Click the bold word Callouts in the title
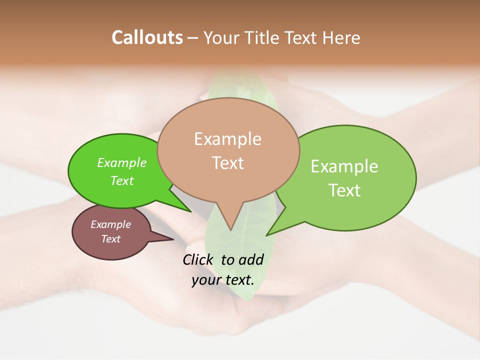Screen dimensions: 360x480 tap(147, 37)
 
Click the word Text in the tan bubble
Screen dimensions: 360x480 tap(227, 162)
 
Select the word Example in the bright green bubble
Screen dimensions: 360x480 tap(122, 162)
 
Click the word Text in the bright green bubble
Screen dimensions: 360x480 tap(122, 180)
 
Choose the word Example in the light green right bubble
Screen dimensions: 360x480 tap(344, 166)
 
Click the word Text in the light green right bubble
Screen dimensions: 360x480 tap(344, 190)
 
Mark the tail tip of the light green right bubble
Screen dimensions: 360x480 tap(268, 234)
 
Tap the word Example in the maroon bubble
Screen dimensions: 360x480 tap(110, 224)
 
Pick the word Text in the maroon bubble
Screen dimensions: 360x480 tap(110, 239)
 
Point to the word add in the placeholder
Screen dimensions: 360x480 tap(251, 259)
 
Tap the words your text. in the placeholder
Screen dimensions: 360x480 tap(223, 280)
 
